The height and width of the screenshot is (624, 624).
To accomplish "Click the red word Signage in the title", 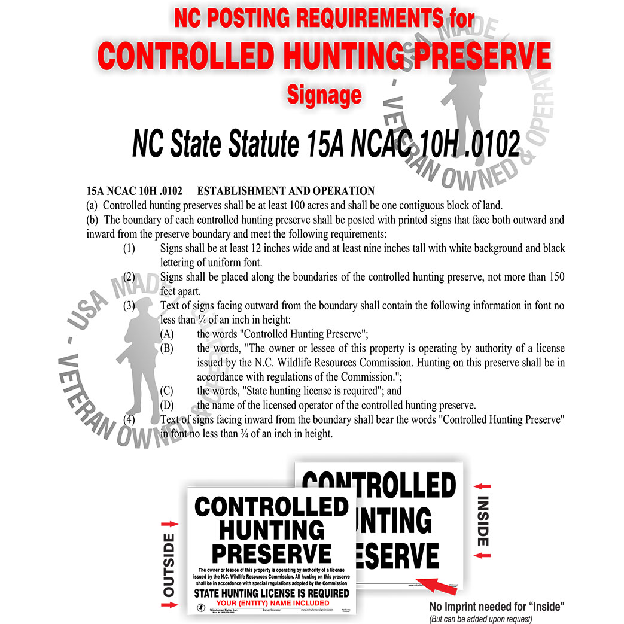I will coord(324,94).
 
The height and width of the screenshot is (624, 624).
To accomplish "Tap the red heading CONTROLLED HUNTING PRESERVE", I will coord(324,57).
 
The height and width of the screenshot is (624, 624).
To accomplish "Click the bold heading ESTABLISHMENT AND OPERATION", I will coord(285,191).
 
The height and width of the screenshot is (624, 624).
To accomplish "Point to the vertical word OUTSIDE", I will coord(169,565).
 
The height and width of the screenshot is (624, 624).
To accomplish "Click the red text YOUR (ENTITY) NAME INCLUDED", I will coord(272,603).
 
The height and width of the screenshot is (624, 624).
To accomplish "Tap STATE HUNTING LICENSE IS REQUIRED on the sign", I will coord(271,593).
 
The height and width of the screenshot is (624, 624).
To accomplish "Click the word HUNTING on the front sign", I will coord(271,530).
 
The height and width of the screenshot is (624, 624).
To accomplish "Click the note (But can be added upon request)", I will coord(480,619).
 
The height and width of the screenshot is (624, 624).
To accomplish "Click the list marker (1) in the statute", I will coord(129,248).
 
